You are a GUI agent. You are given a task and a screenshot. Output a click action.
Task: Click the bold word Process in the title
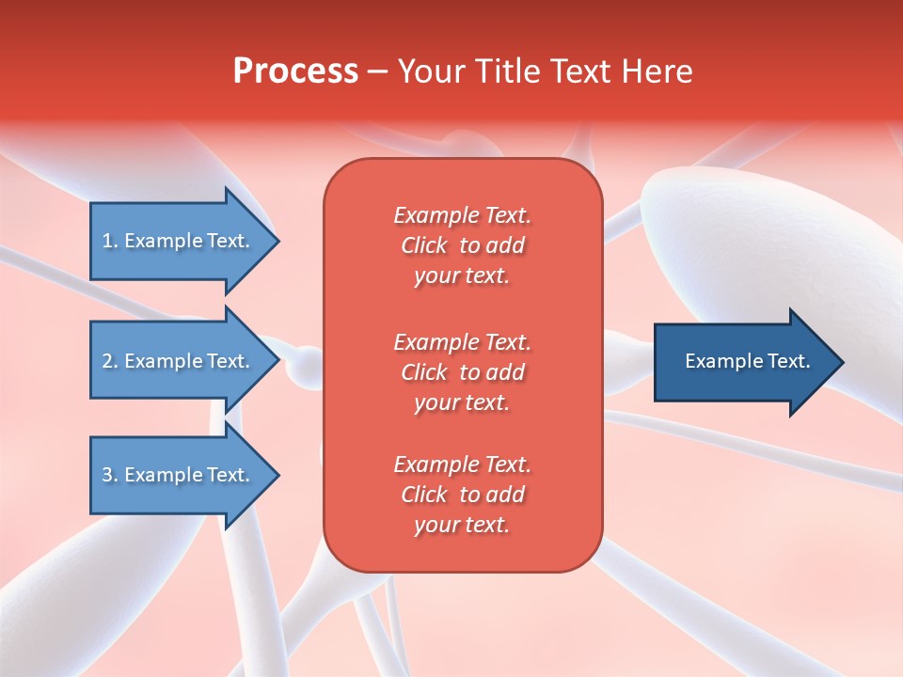pos(295,71)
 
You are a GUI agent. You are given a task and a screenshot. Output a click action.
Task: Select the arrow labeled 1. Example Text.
pos(179,241)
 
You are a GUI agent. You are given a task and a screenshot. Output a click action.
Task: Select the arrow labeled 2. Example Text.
pos(179,361)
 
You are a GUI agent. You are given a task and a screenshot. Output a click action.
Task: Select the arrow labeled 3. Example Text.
pos(179,475)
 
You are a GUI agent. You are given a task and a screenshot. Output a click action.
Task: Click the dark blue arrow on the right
pos(743,361)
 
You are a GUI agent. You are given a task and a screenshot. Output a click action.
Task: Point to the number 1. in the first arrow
pos(110,241)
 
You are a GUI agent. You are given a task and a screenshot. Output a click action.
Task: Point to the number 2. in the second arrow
pos(110,361)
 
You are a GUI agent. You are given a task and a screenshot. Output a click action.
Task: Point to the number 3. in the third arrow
pos(110,475)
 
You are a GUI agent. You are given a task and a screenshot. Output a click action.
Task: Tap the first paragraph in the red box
pos(462,245)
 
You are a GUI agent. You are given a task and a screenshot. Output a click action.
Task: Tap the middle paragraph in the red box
pos(462,371)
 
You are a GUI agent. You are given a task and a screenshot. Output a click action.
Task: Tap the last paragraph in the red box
pos(462,495)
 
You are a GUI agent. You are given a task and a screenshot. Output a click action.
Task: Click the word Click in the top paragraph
pos(423,245)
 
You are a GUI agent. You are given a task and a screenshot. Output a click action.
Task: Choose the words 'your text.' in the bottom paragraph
pos(462,526)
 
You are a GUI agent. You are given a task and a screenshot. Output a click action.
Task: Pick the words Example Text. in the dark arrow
pos(747,361)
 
